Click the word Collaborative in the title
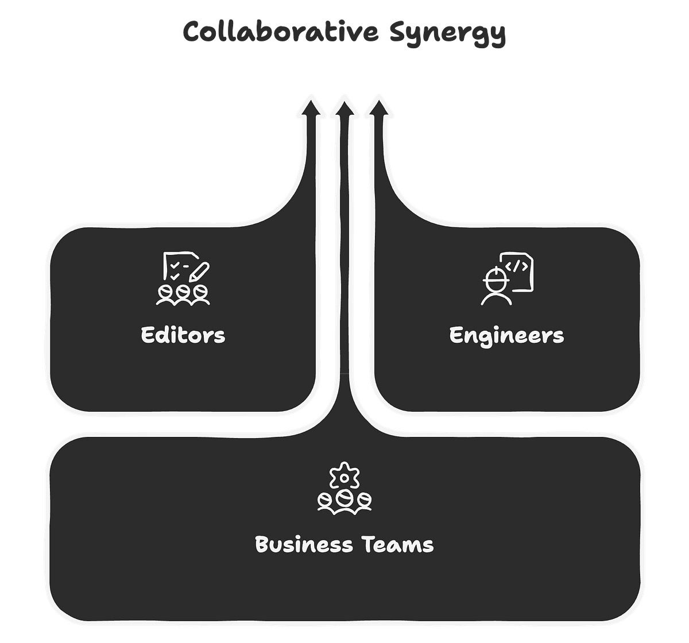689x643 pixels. (x=280, y=32)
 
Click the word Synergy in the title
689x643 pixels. (x=447, y=34)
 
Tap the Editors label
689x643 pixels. (x=183, y=335)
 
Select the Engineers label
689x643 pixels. (x=506, y=336)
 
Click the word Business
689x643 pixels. (x=304, y=544)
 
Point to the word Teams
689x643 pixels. (x=398, y=544)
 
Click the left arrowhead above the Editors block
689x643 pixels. (x=311, y=107)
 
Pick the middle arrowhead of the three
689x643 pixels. (x=344, y=109)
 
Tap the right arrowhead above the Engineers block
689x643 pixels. (x=379, y=107)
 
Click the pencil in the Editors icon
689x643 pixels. (x=199, y=272)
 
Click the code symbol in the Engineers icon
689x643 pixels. (x=516, y=266)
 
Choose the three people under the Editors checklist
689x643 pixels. (x=183, y=295)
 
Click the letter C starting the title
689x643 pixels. (x=192, y=32)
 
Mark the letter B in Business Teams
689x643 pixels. (x=262, y=544)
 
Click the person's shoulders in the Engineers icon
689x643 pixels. (x=496, y=300)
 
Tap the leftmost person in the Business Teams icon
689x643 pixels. (x=325, y=502)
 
